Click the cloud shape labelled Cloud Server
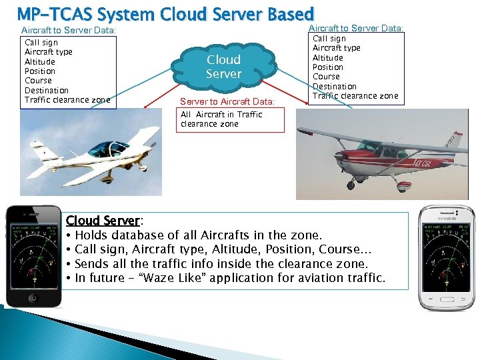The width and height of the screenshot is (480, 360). pyautogui.click(x=223, y=67)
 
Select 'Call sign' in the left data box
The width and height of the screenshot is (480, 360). pyautogui.click(x=41, y=43)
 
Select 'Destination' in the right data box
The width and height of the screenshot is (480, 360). pyautogui.click(x=335, y=87)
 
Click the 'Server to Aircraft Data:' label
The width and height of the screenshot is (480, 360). pyautogui.click(x=227, y=101)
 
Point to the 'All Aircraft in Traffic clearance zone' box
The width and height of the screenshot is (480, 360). pyautogui.click(x=231, y=119)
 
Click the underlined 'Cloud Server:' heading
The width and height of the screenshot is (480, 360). pyautogui.click(x=104, y=221)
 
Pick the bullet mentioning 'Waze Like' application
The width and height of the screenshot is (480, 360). pyautogui.click(x=230, y=277)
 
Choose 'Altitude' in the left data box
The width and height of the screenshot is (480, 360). pyautogui.click(x=39, y=61)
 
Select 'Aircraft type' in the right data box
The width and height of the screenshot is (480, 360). pyautogui.click(x=337, y=48)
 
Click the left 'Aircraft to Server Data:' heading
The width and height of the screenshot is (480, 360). pyautogui.click(x=69, y=31)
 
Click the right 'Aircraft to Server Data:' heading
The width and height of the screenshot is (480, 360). pyautogui.click(x=356, y=27)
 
